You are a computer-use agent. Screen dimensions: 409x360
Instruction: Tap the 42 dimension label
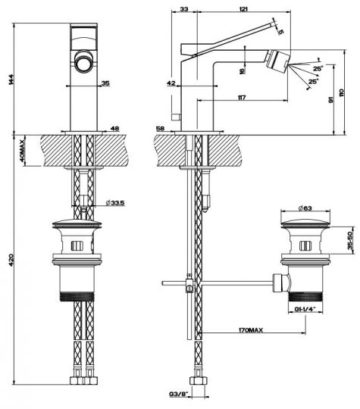point(171,85)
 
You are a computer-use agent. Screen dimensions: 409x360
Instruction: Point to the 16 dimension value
point(242,71)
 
